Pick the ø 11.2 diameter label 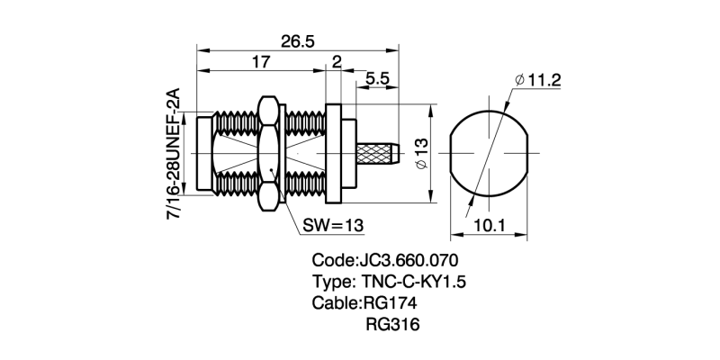pyautogui.click(x=538, y=81)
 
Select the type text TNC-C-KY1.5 pyautogui.click(x=415, y=282)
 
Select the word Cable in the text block pyautogui.click(x=334, y=302)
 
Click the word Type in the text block pyautogui.click(x=331, y=282)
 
